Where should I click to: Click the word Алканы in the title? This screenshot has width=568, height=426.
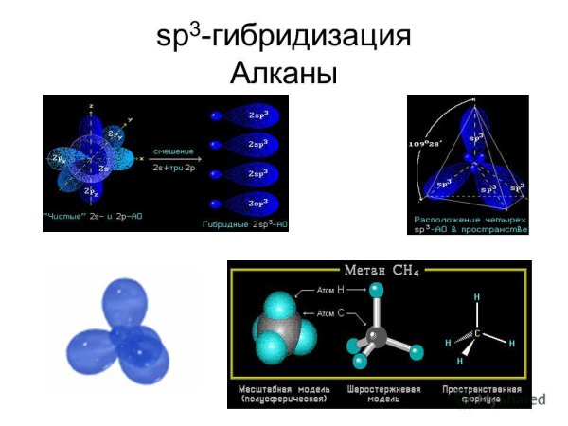click(284, 72)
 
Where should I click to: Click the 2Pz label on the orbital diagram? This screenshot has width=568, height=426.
click(91, 192)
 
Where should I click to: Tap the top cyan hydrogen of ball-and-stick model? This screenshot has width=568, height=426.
click(378, 290)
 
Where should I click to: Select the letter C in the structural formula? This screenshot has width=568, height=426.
click(477, 333)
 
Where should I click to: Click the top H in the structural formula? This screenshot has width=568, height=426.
click(476, 297)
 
